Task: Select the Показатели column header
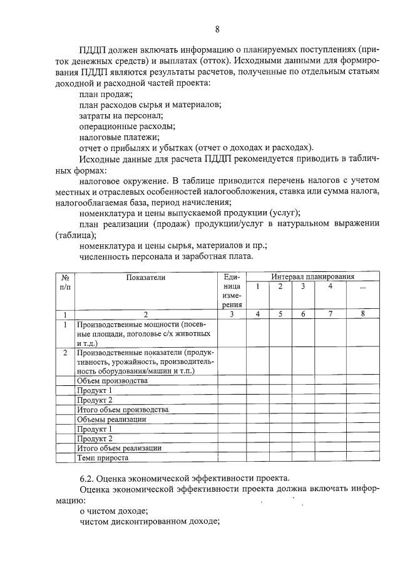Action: point(145,277)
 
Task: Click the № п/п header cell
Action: point(64,281)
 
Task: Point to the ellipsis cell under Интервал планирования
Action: point(362,287)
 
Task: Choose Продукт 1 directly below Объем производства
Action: point(94,390)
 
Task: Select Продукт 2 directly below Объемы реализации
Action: point(94,439)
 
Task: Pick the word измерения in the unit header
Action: point(230,296)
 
